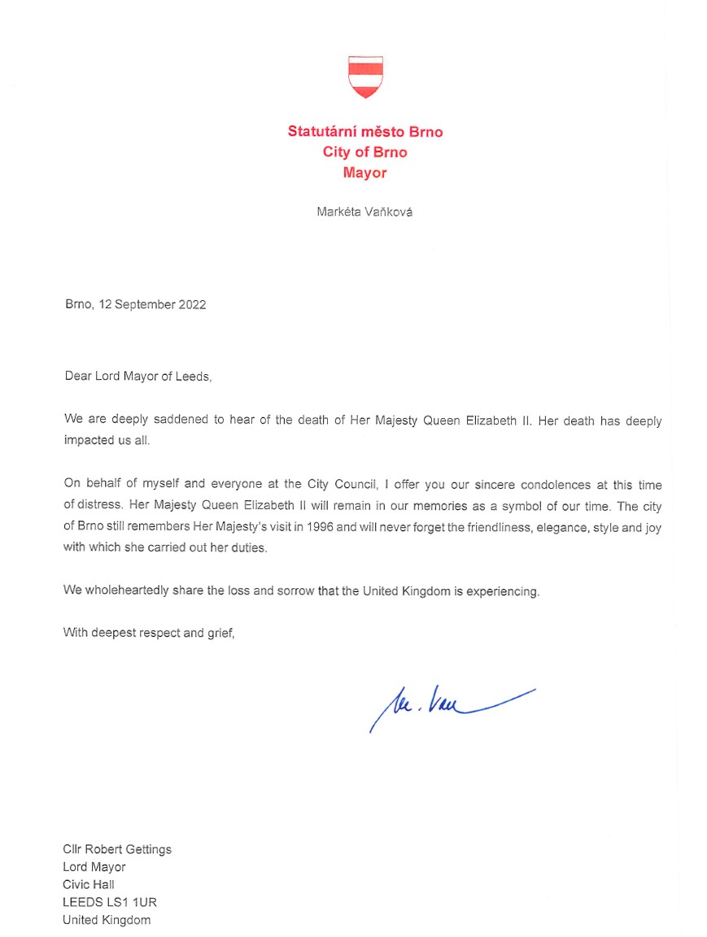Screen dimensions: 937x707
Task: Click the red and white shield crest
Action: tap(365, 77)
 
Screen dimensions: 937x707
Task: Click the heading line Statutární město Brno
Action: tap(365, 132)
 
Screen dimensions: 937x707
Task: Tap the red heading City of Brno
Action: tap(365, 152)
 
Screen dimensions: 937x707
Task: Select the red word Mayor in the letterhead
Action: tap(365, 172)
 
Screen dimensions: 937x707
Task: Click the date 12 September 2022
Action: tap(152, 305)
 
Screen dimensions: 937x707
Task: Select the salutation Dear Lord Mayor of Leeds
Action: tap(137, 377)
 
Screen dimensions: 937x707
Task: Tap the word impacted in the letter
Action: tap(92, 440)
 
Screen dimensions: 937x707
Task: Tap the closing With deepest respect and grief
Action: tap(149, 633)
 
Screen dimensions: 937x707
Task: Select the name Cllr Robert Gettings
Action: tap(117, 849)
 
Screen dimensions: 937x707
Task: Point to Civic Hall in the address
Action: tap(89, 885)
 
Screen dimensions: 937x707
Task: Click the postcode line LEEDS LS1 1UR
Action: tap(110, 903)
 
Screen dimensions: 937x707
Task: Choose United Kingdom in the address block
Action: tap(107, 921)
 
